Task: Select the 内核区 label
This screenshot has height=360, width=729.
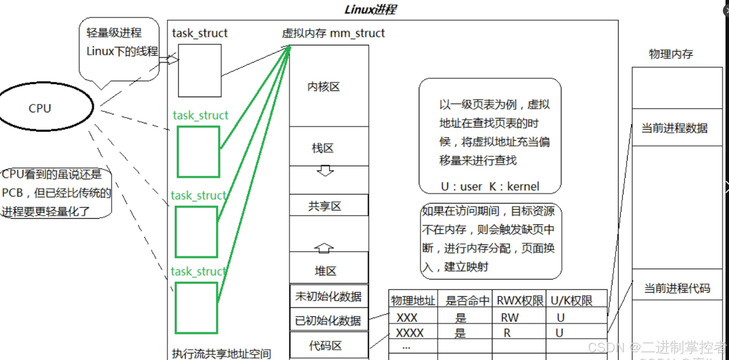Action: click(x=323, y=87)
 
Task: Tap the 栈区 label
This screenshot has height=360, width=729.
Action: click(x=323, y=148)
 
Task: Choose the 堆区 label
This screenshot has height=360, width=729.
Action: click(x=325, y=271)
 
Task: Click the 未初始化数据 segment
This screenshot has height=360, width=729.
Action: click(x=329, y=296)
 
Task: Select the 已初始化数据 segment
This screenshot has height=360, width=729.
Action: click(x=329, y=320)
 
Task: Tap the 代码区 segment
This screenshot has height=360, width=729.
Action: click(x=329, y=345)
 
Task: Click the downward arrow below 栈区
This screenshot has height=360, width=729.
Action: click(x=325, y=171)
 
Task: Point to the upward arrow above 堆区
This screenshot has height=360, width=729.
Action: click(x=324, y=248)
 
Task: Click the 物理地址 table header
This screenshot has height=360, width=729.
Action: click(x=413, y=300)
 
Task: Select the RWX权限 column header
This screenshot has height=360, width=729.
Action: click(x=520, y=300)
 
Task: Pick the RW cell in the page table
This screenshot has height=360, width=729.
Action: click(x=509, y=318)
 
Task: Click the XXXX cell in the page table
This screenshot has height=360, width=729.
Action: click(x=410, y=332)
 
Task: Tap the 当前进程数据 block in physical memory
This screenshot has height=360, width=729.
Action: click(x=677, y=127)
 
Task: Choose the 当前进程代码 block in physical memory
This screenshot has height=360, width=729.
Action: click(x=677, y=285)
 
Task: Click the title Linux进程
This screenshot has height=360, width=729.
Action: click(x=370, y=9)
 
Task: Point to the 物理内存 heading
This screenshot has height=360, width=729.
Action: click(x=671, y=54)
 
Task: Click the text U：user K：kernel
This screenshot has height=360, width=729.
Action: click(x=490, y=186)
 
